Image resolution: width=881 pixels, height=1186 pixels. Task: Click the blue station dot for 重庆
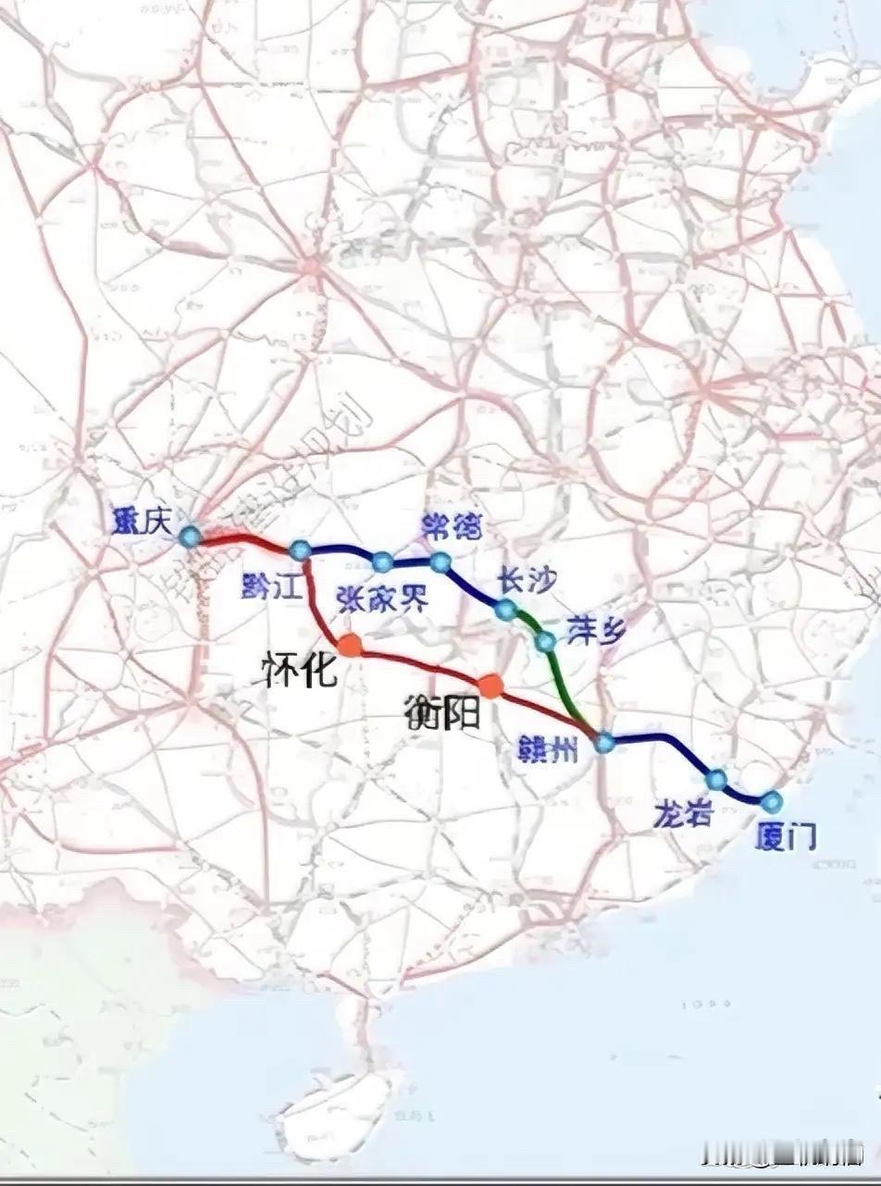coord(190,536)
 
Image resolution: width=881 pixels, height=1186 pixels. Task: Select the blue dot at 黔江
coord(300,550)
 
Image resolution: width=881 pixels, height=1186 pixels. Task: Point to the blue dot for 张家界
coord(382,561)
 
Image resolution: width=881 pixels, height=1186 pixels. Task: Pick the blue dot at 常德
coord(440,562)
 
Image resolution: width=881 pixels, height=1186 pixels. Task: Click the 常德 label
coord(452,526)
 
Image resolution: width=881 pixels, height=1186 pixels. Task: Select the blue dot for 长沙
coord(504,610)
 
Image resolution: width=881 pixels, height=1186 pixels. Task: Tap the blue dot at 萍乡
coord(545,641)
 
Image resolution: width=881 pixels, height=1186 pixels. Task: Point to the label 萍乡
coord(597,630)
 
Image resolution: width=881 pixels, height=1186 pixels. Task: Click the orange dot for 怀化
coord(349,645)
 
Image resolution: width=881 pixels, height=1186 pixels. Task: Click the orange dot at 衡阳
coord(490,686)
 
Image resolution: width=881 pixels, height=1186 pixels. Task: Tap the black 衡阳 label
coord(442,712)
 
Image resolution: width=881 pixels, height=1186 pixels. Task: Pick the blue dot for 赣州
coord(604,742)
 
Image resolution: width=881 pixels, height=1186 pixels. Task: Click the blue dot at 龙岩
coord(716,780)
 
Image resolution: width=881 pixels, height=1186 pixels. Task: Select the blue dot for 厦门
coord(771,800)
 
